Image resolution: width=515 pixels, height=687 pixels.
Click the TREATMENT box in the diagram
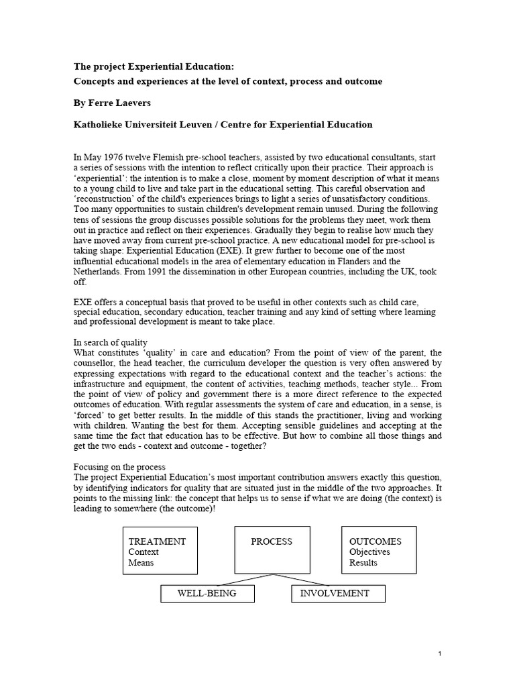coord(160,550)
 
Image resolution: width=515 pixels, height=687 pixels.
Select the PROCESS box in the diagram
coord(271,550)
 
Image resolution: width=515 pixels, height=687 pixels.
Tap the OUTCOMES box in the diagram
coord(379,550)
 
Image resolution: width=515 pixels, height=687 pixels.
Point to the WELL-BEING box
coord(206,594)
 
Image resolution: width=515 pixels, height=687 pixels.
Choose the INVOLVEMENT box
coord(334,594)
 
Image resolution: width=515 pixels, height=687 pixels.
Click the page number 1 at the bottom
coord(439,653)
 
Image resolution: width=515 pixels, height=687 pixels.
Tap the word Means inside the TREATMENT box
coord(141,563)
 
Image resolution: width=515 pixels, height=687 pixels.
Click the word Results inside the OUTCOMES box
coord(363,563)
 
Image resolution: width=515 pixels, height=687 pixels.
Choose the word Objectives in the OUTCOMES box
coord(369,552)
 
